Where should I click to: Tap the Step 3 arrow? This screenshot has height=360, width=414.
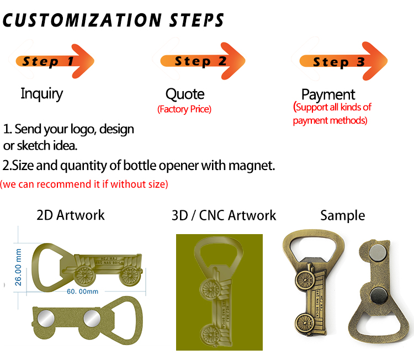pyautogui.click(x=342, y=61)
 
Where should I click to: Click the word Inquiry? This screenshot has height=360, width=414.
pyautogui.click(x=41, y=93)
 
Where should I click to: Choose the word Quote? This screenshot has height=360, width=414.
pyautogui.click(x=185, y=94)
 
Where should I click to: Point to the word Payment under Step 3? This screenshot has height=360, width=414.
pyautogui.click(x=328, y=94)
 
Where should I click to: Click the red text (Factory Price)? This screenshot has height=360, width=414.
pyautogui.click(x=184, y=109)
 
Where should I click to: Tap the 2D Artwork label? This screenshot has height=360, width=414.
pyautogui.click(x=70, y=215)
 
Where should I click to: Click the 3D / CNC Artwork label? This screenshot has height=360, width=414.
pyautogui.click(x=224, y=215)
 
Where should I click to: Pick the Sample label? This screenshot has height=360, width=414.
pyautogui.click(x=342, y=215)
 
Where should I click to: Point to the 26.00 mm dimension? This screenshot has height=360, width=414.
pyautogui.click(x=18, y=266)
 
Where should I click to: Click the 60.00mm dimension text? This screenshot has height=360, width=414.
pyautogui.click(x=82, y=291)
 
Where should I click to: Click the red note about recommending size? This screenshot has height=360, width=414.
pyautogui.click(x=84, y=184)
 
